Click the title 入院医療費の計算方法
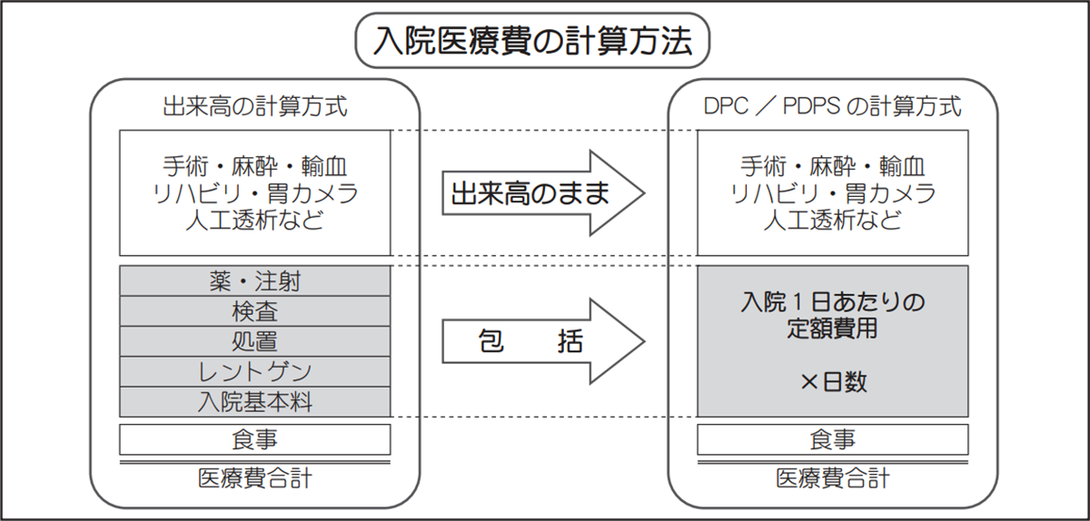tap(532, 41)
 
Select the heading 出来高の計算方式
tap(255, 106)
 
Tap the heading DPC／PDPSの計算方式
tap(833, 106)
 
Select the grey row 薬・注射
tap(255, 281)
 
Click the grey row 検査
tap(255, 311)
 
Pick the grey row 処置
tap(255, 341)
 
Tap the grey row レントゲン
tap(255, 371)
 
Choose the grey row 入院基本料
tap(255, 401)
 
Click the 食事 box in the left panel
tap(255, 439)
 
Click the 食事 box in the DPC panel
tap(833, 439)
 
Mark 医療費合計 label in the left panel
tap(255, 478)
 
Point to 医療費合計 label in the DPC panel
tap(833, 478)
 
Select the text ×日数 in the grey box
tap(833, 382)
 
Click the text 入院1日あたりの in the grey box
tap(833, 301)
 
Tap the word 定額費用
tap(833, 329)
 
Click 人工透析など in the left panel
tap(255, 220)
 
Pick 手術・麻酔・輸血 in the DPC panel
tap(833, 167)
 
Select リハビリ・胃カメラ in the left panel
tap(255, 193)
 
